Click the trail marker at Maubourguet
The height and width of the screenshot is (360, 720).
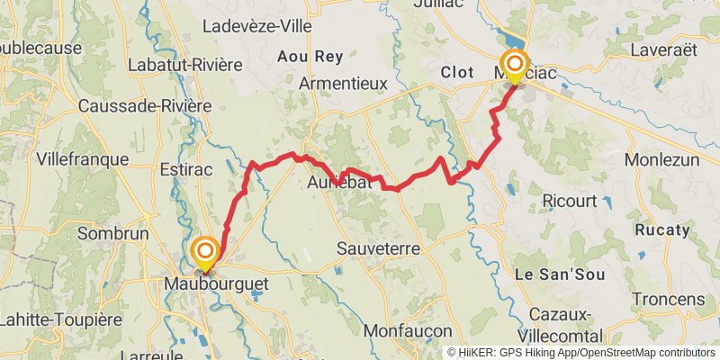[x=205, y=251]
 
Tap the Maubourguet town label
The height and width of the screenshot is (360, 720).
[x=216, y=283]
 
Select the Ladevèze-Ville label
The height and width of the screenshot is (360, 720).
[x=257, y=26]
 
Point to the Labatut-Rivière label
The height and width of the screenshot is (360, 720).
[x=185, y=65]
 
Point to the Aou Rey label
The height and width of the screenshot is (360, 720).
[x=310, y=56]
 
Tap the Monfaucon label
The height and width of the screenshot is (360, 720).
[x=408, y=331]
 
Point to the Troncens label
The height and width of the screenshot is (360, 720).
[x=667, y=299]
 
